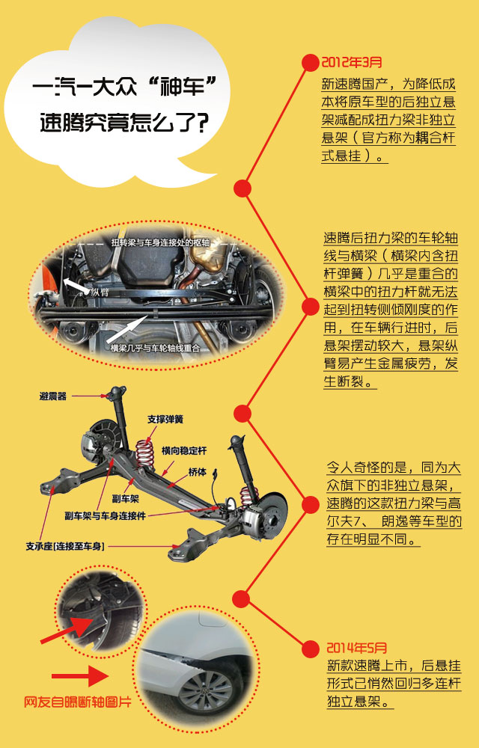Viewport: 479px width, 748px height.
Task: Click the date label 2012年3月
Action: tap(351, 62)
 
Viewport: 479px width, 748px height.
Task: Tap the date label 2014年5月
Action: tap(356, 647)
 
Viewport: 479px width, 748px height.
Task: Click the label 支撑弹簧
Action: tap(165, 419)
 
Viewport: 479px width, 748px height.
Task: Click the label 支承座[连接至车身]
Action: tap(66, 547)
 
